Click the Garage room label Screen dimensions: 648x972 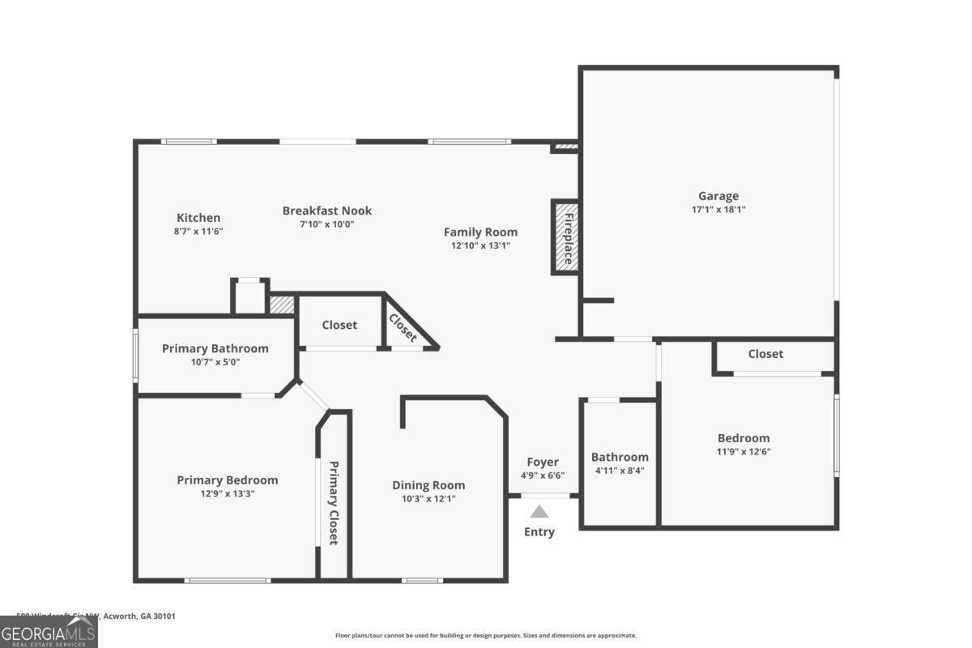click(718, 195)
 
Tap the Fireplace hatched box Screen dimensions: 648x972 click(565, 237)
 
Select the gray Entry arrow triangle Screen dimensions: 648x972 click(539, 511)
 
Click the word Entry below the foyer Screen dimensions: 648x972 click(539, 532)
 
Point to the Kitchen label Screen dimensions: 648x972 click(198, 218)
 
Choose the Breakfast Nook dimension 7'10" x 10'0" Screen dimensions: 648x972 click(326, 224)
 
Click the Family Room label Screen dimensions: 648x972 click(480, 232)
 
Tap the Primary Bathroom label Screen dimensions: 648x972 click(215, 348)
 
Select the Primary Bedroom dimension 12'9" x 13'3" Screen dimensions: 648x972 click(227, 493)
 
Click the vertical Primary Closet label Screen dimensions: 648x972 click(333, 502)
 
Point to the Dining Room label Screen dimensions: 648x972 click(428, 485)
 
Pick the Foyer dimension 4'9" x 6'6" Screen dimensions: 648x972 click(543, 475)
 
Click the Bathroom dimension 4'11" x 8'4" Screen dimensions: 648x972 click(620, 470)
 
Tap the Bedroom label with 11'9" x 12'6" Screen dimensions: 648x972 click(743, 438)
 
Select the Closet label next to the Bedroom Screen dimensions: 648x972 click(765, 354)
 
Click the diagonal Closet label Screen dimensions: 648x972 click(403, 327)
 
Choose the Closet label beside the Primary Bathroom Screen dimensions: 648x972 click(339, 325)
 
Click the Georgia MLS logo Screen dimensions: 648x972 click(49, 632)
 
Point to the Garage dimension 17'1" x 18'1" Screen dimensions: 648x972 click(718, 209)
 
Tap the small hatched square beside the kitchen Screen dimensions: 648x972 click(281, 305)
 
